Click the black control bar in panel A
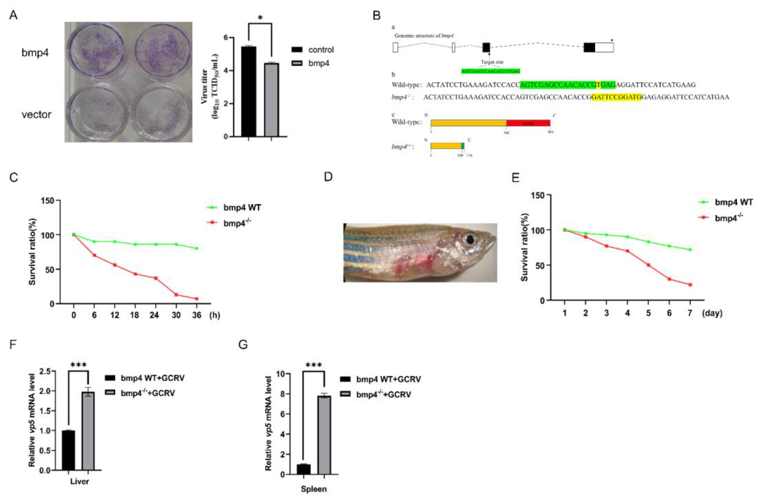[249, 92]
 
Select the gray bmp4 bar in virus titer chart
[271, 100]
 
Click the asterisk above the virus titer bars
[260, 18]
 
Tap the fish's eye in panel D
[470, 239]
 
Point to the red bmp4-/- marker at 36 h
[197, 299]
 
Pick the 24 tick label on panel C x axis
[154, 315]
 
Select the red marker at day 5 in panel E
[648, 265]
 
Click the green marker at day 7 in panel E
[690, 250]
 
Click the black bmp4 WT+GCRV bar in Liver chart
[68, 450]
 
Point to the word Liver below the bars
[79, 481]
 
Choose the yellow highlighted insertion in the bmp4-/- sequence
[616, 97]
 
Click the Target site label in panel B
[492, 62]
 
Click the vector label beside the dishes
[36, 115]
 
